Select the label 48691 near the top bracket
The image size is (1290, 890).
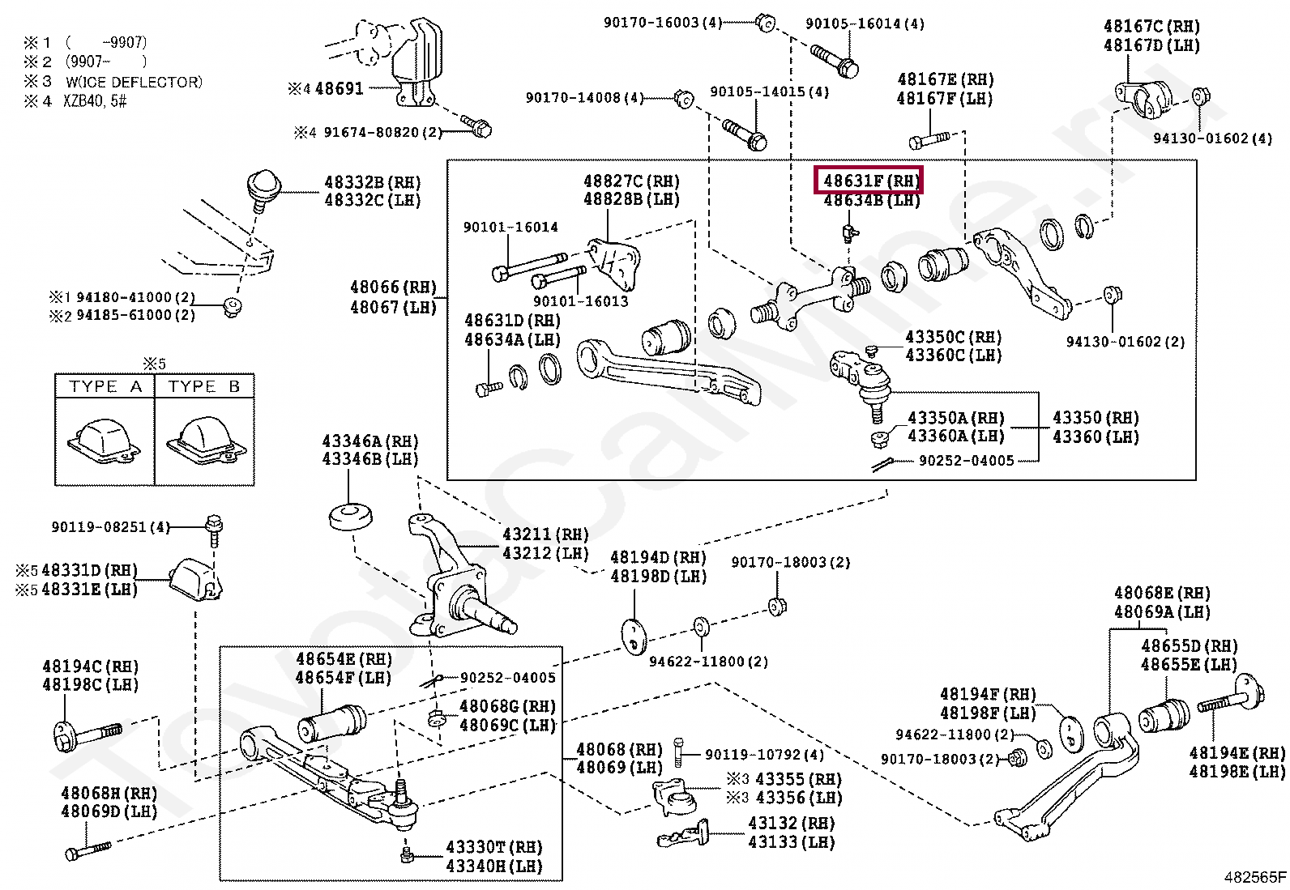[x=340, y=88]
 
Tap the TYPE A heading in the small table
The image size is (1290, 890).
[x=105, y=385]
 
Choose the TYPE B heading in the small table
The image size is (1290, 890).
[x=204, y=385]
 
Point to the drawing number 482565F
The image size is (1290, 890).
[x=1253, y=877]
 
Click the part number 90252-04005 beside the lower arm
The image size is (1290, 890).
[x=508, y=678]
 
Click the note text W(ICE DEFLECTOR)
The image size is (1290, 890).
[x=134, y=82]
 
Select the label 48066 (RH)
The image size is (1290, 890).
[x=393, y=287]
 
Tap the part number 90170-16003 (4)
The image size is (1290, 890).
[x=663, y=23]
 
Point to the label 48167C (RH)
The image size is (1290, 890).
[x=1151, y=27]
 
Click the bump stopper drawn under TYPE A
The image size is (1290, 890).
[x=105, y=441]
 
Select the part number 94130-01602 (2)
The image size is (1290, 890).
[x=1126, y=342]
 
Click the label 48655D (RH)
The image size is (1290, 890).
[x=1190, y=645]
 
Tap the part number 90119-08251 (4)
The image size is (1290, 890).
[x=111, y=526]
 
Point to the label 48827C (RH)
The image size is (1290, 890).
[x=631, y=181]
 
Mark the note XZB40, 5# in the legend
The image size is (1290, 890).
[x=95, y=101]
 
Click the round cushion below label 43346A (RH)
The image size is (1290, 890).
[x=351, y=517]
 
